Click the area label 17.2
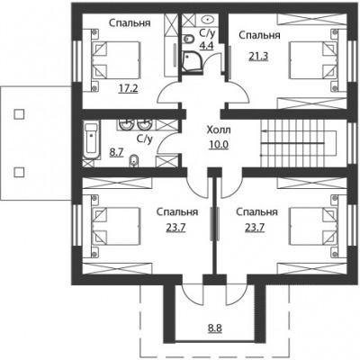tap(129, 88)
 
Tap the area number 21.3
tap(258, 56)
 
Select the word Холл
tap(219, 130)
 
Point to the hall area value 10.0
tap(219, 145)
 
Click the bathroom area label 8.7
tap(116, 153)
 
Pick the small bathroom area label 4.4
tap(207, 46)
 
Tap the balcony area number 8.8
tap(215, 328)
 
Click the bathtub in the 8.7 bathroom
tap(91, 140)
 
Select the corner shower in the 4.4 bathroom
tap(193, 61)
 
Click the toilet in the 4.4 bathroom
tap(188, 39)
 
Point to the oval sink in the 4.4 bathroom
tap(207, 20)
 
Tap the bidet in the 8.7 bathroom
tap(133, 161)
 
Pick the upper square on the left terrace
tap(19, 114)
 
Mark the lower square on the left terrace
tap(19, 172)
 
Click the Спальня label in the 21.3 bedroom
tap(259, 35)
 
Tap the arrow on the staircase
tap(292, 131)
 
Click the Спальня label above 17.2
tap(130, 23)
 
